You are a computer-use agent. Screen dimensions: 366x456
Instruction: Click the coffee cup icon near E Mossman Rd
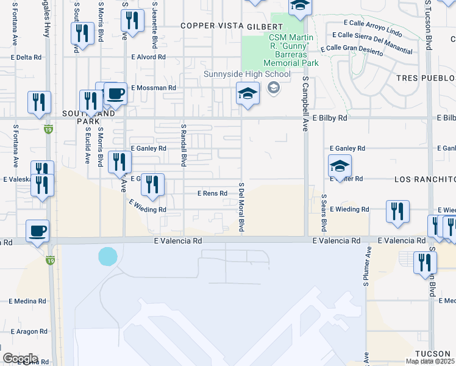115,93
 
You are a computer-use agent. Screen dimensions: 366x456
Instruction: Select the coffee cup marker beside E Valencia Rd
38,231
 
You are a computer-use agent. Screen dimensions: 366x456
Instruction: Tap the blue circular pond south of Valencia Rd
107,256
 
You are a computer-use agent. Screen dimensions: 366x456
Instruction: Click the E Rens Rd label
212,193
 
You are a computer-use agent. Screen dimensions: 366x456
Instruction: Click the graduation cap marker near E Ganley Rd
340,165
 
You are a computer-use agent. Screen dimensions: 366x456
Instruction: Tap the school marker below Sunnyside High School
248,93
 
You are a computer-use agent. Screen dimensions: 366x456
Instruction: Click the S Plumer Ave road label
367,266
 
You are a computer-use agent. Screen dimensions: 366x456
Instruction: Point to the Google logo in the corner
20,358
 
